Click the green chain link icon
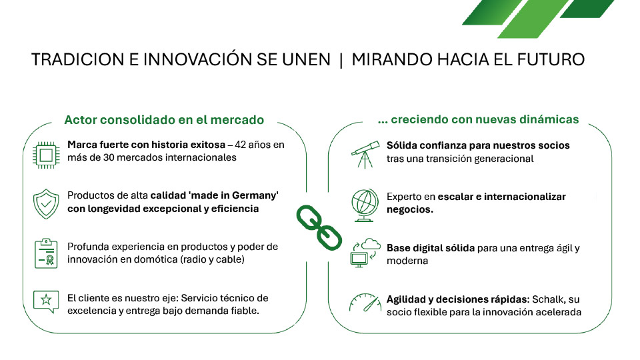pyautogui.click(x=319, y=227)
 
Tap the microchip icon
pyautogui.click(x=46, y=155)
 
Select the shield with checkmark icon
pyautogui.click(x=46, y=204)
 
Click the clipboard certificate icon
pyautogui.click(x=46, y=253)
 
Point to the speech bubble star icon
pyautogui.click(x=46, y=301)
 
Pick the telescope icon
pyautogui.click(x=365, y=154)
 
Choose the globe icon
pyautogui.click(x=365, y=205)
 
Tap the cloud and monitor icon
pyautogui.click(x=365, y=253)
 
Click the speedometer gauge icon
pyautogui.click(x=365, y=303)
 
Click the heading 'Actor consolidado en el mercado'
pyautogui.click(x=164, y=119)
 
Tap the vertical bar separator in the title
pyautogui.click(x=341, y=59)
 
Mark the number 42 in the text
pyautogui.click(x=241, y=145)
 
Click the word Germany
pyautogui.click(x=255, y=195)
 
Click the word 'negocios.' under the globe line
pyautogui.click(x=410, y=209)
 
